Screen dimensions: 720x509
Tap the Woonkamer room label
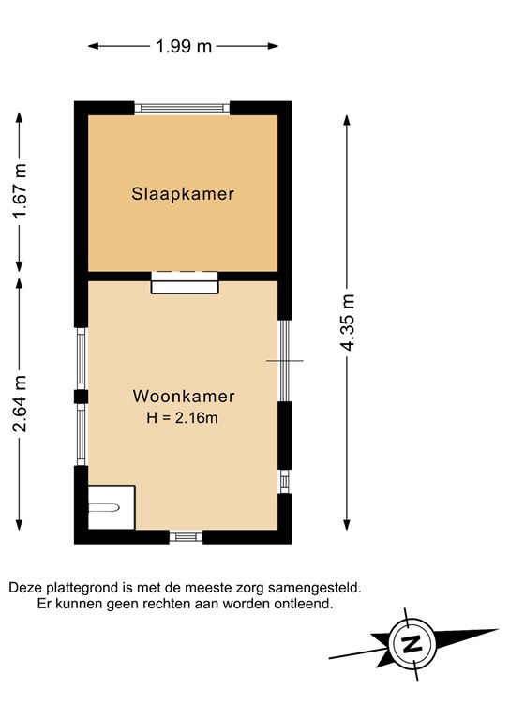(x=183, y=396)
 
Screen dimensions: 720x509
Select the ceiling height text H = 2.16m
(x=183, y=418)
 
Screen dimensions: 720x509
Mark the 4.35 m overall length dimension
(x=349, y=322)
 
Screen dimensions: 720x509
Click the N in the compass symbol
(x=410, y=645)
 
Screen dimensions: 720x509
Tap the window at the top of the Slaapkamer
(x=183, y=108)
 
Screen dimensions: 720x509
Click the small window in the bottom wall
(x=186, y=537)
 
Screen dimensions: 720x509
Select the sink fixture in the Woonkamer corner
(x=106, y=507)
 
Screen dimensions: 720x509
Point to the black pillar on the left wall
(x=81, y=397)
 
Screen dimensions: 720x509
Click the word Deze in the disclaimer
(x=25, y=587)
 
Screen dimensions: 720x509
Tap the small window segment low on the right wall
(x=284, y=481)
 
